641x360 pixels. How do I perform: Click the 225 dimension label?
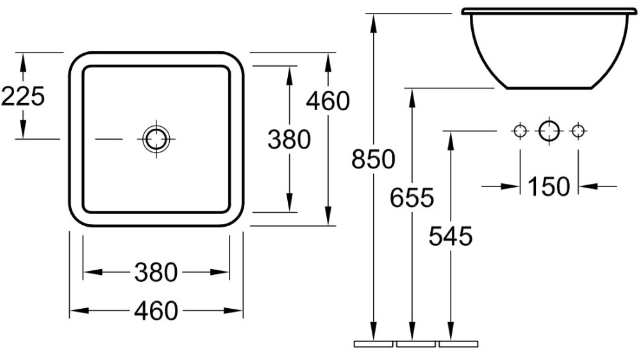click(x=23, y=97)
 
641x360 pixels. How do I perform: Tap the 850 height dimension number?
click(x=373, y=159)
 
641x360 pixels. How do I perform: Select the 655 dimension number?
click(x=412, y=197)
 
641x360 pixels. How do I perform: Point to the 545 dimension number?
click(x=451, y=236)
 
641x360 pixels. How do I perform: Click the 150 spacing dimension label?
click(x=549, y=186)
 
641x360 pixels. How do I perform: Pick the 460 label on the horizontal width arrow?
click(x=156, y=311)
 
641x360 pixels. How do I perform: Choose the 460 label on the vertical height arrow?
click(x=328, y=101)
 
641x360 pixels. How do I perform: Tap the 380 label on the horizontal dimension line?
click(x=156, y=272)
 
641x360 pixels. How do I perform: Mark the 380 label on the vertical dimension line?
click(x=289, y=140)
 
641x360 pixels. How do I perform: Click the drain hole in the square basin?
click(x=156, y=139)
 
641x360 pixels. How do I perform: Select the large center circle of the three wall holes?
click(x=549, y=131)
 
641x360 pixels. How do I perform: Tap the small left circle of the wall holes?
click(x=520, y=131)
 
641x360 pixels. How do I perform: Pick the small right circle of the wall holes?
click(x=578, y=131)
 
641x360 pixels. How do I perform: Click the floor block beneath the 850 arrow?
click(x=373, y=344)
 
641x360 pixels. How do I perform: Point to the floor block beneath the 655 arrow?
click(x=416, y=344)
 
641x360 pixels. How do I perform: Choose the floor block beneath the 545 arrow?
click(x=458, y=344)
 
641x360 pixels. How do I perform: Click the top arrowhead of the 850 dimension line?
click(x=373, y=23)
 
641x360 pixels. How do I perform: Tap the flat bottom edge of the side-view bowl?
click(x=550, y=88)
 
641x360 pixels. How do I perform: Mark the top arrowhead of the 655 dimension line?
click(x=412, y=97)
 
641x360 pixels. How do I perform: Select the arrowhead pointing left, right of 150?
click(x=588, y=186)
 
